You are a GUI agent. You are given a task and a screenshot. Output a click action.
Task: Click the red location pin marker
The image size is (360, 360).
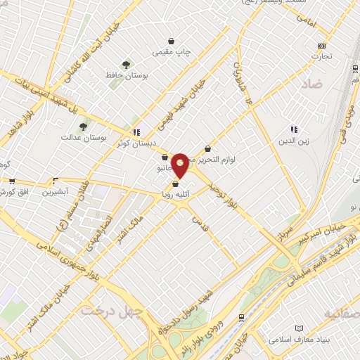tap(181, 165)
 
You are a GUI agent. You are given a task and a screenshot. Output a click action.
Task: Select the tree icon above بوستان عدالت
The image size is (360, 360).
tap(84, 127)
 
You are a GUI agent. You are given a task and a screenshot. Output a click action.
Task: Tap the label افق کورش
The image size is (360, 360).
tap(22, 191)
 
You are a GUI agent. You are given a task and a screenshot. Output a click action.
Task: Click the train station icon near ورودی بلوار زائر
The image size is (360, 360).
tap(242, 317)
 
